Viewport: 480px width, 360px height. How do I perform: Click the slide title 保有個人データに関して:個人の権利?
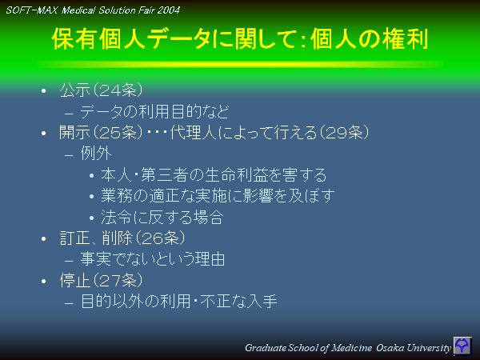[x=238, y=39]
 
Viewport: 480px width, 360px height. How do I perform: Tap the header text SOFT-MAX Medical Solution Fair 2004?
[x=93, y=10]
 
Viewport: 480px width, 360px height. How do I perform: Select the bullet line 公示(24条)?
[x=102, y=90]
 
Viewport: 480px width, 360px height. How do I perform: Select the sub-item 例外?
[x=96, y=154]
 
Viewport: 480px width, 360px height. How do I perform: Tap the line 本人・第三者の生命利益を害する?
[x=214, y=175]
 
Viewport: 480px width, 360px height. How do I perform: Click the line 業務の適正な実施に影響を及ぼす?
[x=217, y=196]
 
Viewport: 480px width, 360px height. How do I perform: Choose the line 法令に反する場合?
[x=161, y=217]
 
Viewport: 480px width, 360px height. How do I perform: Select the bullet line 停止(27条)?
[x=102, y=281]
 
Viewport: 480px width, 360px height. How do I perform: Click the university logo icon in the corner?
[x=462, y=346]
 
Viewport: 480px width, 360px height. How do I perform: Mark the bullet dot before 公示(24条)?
[x=45, y=90]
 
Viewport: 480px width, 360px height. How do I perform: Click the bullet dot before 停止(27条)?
[x=45, y=282]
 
